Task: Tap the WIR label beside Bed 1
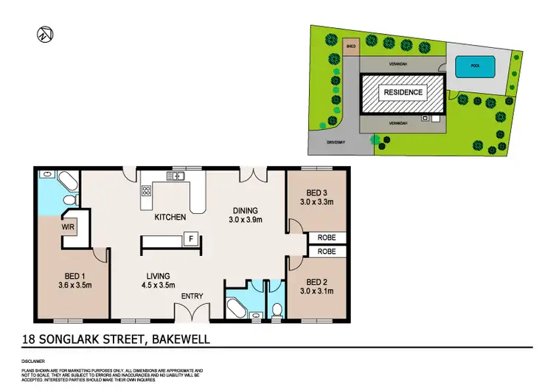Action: [x=69, y=227]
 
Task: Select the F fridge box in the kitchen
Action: [x=191, y=239]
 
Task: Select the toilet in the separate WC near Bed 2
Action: [x=276, y=310]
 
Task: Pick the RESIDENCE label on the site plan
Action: [x=403, y=92]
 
